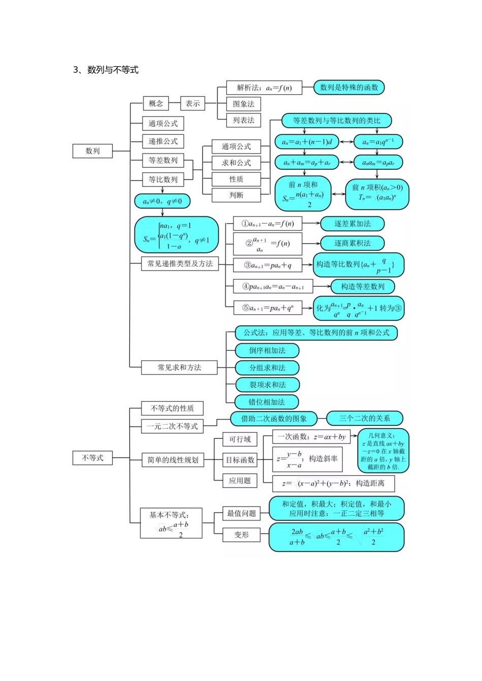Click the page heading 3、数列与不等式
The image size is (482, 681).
click(x=106, y=70)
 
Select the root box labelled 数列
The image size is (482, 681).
click(x=92, y=151)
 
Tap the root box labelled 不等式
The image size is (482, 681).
click(x=92, y=458)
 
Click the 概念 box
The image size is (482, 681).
click(x=156, y=104)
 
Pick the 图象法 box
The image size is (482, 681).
click(x=244, y=104)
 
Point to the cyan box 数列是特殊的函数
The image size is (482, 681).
click(x=349, y=88)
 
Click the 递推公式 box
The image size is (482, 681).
click(x=163, y=141)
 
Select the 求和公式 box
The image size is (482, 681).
click(x=236, y=163)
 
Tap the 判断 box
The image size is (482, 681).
click(x=236, y=195)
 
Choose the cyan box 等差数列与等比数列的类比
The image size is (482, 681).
click(x=336, y=121)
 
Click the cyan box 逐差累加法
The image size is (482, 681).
click(x=352, y=223)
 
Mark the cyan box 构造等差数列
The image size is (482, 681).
click(x=362, y=287)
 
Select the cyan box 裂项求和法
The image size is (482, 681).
click(x=267, y=385)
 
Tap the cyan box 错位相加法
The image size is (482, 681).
click(x=266, y=402)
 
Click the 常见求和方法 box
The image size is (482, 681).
click(x=179, y=367)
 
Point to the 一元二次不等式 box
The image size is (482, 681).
click(x=172, y=427)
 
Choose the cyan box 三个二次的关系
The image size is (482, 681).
click(x=364, y=419)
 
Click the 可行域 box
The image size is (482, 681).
click(x=240, y=439)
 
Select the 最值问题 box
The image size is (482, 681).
click(x=242, y=513)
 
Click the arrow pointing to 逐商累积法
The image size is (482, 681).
click(x=311, y=244)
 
